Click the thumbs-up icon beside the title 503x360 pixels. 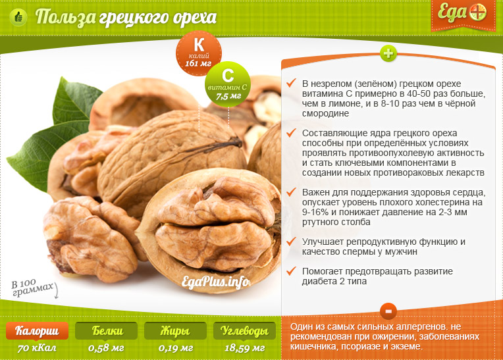point(18,17)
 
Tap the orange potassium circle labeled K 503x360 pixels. point(199,53)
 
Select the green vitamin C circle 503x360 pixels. point(227,84)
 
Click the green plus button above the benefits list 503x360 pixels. point(388,53)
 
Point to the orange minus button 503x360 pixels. point(388,311)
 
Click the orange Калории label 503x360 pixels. point(38,331)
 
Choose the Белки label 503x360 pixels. point(106,331)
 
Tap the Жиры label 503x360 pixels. point(175,331)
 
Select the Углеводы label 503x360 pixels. point(244,331)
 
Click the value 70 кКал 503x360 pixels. point(37,348)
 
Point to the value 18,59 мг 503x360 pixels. point(244,348)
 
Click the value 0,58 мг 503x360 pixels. point(106,348)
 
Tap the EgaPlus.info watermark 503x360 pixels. point(215,282)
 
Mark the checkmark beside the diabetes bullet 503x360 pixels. point(291,271)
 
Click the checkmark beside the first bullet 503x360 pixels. point(291,83)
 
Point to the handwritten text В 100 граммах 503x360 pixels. point(32,288)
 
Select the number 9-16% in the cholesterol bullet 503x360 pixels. point(316,212)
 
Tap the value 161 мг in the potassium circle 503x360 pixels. point(198,63)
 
